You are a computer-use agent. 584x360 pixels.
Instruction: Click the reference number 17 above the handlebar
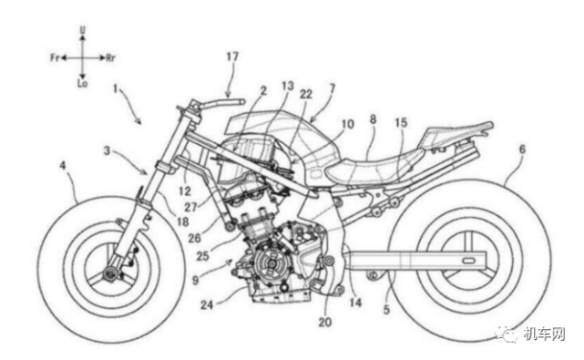click(232, 57)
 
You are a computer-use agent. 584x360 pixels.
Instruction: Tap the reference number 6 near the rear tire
click(522, 149)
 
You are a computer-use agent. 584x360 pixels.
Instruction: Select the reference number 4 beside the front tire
click(63, 166)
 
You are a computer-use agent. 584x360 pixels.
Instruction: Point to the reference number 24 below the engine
click(207, 304)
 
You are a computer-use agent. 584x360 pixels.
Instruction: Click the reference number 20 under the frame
click(324, 322)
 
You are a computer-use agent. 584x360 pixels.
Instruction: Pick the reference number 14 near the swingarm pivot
click(355, 303)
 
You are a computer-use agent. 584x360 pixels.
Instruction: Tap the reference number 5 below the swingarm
click(386, 309)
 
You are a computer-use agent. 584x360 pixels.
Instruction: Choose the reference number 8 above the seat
click(373, 119)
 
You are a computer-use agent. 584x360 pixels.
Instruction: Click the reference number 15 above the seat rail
click(401, 123)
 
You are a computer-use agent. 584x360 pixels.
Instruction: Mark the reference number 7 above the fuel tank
click(332, 88)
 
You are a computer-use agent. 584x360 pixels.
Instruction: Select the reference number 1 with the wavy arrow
click(116, 88)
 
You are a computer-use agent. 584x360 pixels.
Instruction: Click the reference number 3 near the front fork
click(107, 151)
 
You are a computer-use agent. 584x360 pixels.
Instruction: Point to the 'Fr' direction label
click(55, 57)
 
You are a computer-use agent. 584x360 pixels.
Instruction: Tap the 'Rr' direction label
click(110, 57)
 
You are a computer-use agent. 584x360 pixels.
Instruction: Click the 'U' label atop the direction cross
click(83, 28)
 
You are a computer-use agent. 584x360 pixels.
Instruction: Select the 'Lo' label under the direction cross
click(82, 84)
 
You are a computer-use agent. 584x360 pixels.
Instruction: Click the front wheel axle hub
click(110, 273)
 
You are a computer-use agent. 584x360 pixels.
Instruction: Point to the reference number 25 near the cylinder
click(203, 256)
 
